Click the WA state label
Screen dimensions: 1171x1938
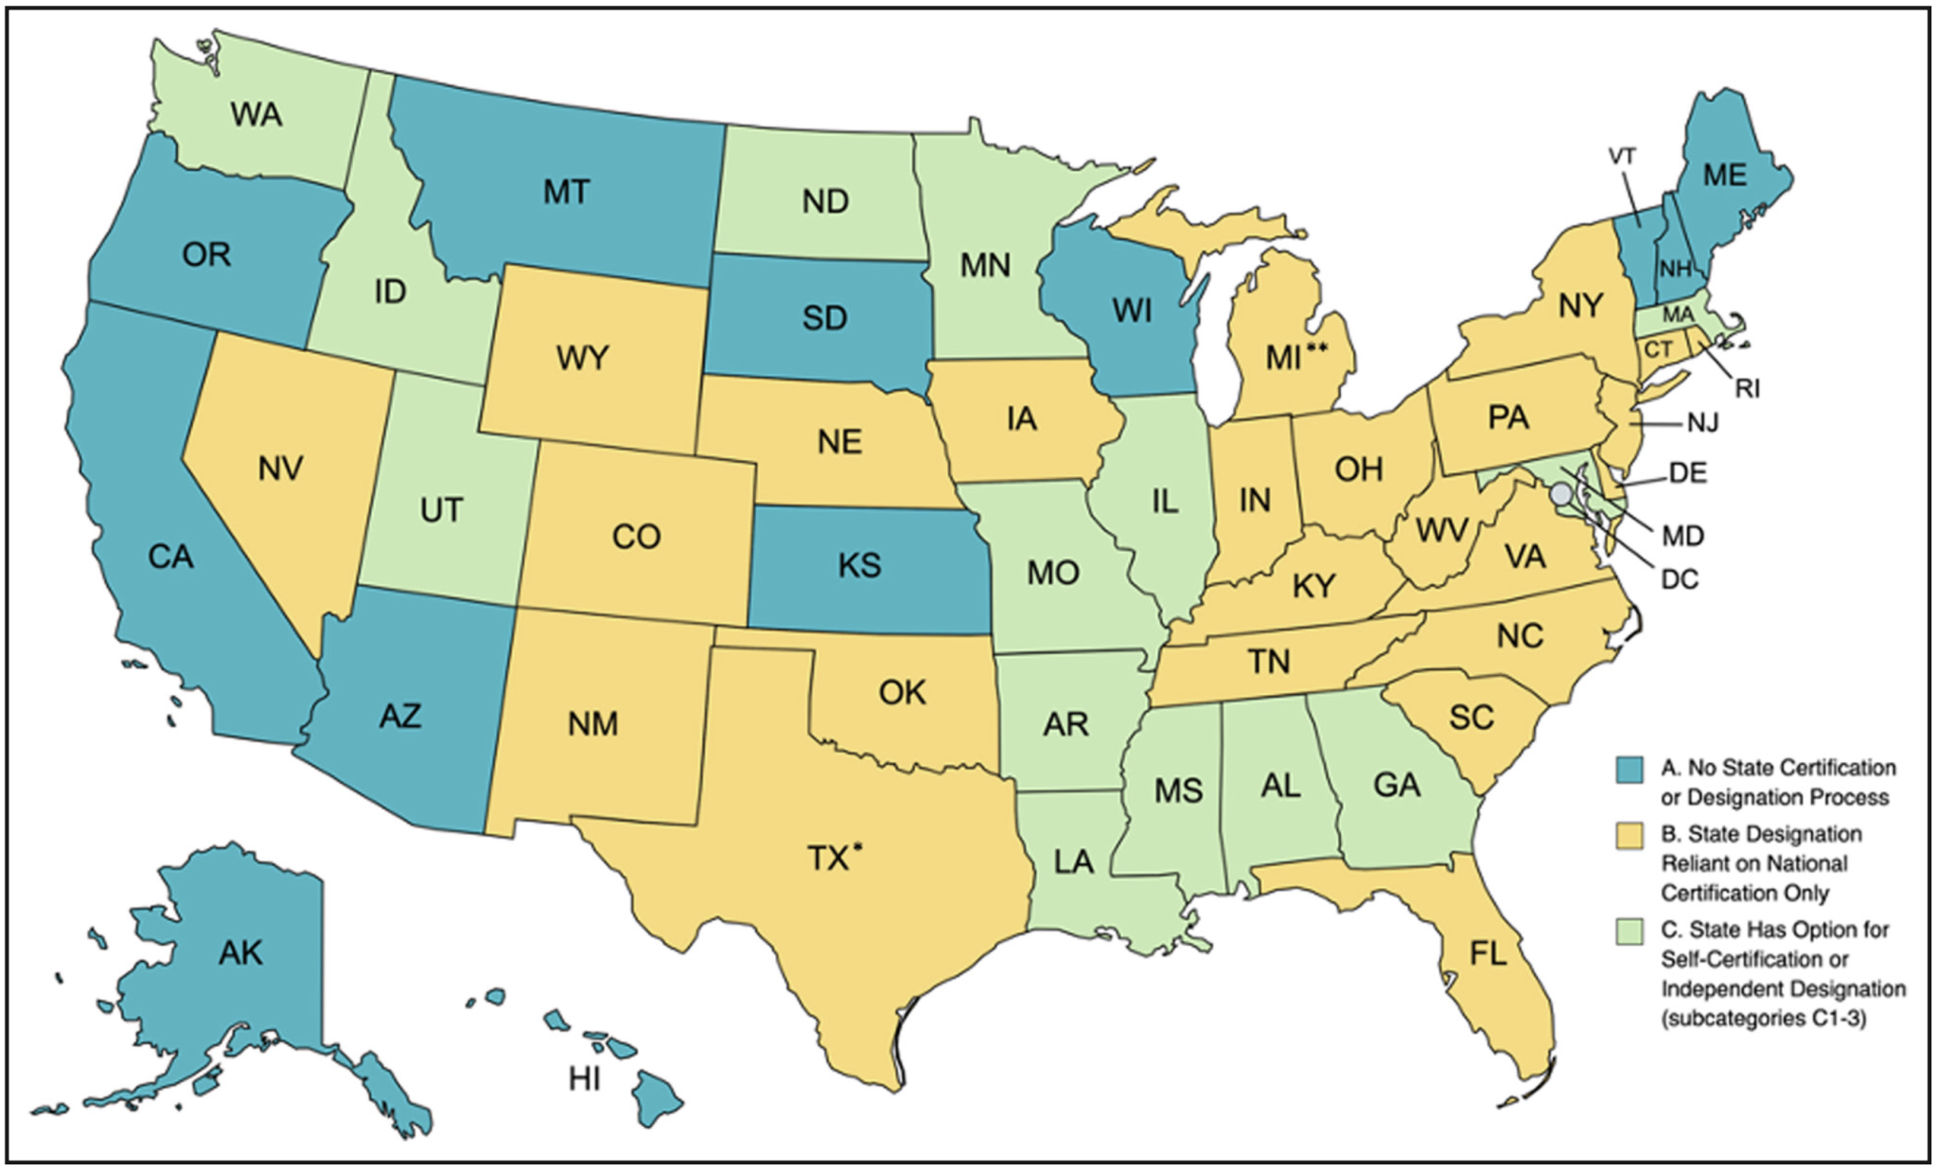point(255,115)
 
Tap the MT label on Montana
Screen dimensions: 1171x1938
point(566,192)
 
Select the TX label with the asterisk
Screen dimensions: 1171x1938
point(834,858)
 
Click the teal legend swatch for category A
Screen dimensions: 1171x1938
point(1629,769)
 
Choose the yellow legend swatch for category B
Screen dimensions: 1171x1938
point(1629,835)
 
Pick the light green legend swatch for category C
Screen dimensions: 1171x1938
point(1629,931)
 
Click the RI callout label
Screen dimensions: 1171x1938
point(1747,389)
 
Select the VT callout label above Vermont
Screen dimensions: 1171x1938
point(1622,156)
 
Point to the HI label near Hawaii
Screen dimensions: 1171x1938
point(584,1078)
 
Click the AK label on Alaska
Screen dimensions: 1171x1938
point(240,952)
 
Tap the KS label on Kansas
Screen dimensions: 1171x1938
point(859,565)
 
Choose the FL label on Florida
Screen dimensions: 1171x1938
point(1488,953)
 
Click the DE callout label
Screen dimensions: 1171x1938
point(1687,472)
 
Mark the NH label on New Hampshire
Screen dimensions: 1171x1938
point(1675,269)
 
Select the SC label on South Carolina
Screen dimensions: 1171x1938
point(1471,718)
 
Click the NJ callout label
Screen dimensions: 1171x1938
point(1702,422)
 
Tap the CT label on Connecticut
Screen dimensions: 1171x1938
point(1657,349)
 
